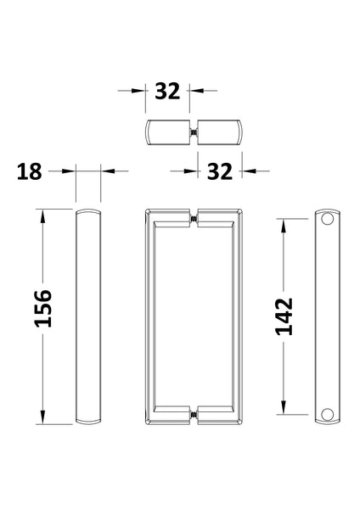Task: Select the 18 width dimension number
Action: coord(29,171)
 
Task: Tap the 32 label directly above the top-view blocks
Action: coord(168,91)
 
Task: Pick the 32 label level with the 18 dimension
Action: coord(219,171)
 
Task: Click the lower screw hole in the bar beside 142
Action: coord(329,413)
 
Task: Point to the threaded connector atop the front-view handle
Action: coord(194,223)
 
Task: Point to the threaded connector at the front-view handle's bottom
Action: coord(194,415)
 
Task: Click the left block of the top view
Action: coord(168,132)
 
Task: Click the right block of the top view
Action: coord(220,132)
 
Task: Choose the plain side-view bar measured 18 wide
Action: coord(89,316)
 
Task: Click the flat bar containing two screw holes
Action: coord(329,316)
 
